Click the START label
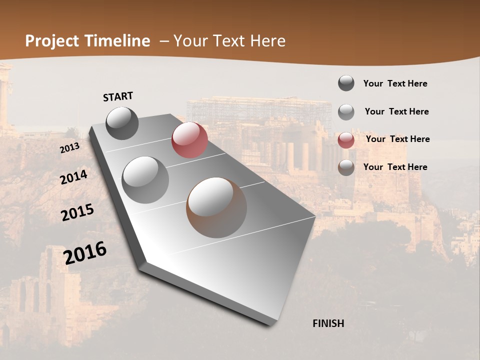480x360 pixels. (118, 96)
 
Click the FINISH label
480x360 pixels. (328, 323)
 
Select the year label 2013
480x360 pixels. (69, 148)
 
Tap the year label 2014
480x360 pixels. (73, 177)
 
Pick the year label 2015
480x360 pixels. (77, 212)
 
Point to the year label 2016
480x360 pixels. (85, 253)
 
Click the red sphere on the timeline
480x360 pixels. (189, 140)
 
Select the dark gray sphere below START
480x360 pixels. (122, 123)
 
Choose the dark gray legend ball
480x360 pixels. (346, 83)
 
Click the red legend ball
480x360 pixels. (346, 139)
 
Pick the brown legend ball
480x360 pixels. (346, 167)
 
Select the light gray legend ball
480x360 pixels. (346, 111)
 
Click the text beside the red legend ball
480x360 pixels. (397, 139)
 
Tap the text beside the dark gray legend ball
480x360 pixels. (395, 83)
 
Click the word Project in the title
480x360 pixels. (53, 41)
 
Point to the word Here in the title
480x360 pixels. (267, 41)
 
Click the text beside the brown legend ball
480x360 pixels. (395, 167)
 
